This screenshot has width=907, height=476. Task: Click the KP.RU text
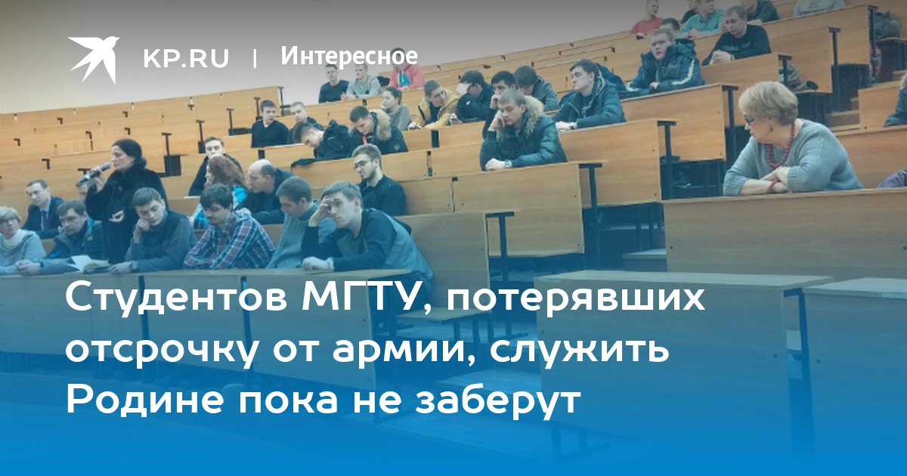(186, 58)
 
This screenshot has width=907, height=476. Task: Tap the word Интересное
(349, 56)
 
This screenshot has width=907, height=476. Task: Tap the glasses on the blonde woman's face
(749, 119)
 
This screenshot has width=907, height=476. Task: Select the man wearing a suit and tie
(42, 210)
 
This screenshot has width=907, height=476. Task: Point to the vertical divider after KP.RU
(255, 58)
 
